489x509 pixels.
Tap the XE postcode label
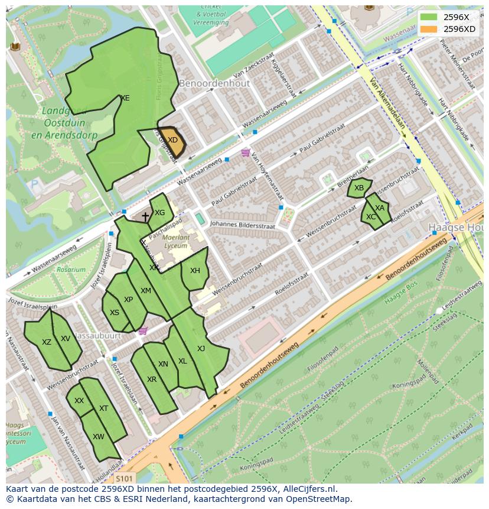(x=125, y=98)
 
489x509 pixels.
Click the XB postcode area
(x=359, y=188)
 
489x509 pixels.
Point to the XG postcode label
(x=159, y=213)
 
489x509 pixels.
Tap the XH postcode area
(x=195, y=271)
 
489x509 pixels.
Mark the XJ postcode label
(x=201, y=349)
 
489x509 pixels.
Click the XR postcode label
(x=152, y=380)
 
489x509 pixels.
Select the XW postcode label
(x=99, y=437)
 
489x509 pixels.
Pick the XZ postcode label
(x=47, y=342)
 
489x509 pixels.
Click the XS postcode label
(x=115, y=313)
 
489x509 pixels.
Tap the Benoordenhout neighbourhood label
(x=214, y=83)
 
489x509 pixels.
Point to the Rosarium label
(x=71, y=270)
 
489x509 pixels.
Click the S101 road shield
(x=123, y=478)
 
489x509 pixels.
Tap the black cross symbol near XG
(x=145, y=218)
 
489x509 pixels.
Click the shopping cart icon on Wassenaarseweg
(x=245, y=153)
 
